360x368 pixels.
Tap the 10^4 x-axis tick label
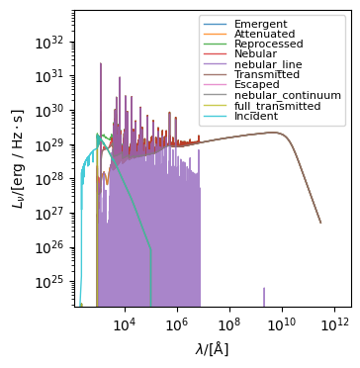[124, 324]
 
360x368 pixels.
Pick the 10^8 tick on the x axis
[228, 324]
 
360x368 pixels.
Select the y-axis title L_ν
[16, 158]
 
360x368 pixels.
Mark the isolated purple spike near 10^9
[264, 297]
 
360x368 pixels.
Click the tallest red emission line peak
[101, 65]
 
